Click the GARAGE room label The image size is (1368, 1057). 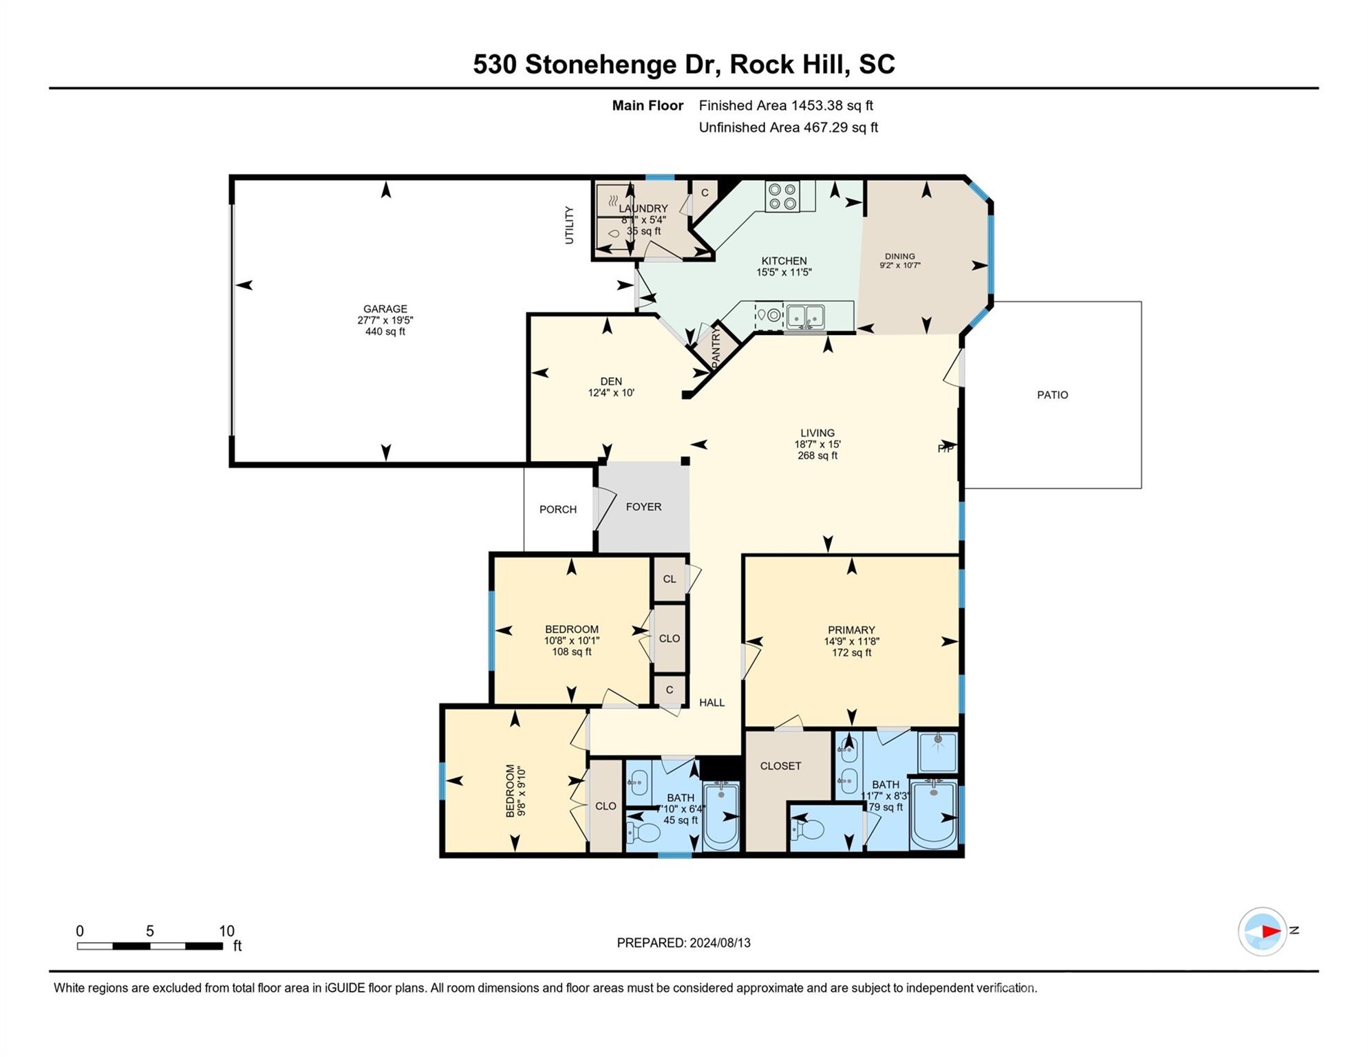click(x=385, y=309)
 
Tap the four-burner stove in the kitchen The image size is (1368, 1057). click(x=782, y=196)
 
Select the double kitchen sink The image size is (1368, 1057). click(x=805, y=316)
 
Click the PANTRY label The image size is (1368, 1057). click(x=716, y=345)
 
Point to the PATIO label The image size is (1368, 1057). click(x=1052, y=395)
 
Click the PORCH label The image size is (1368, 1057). click(x=557, y=509)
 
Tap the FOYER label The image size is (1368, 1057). click(x=643, y=506)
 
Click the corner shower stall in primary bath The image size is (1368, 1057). click(x=937, y=751)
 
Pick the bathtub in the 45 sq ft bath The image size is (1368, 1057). click(x=720, y=816)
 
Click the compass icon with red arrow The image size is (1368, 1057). click(x=1262, y=932)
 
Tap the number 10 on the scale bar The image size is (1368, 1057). click(x=226, y=931)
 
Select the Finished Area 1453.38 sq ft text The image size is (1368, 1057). click(x=785, y=105)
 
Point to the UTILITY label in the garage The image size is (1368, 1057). click(x=569, y=225)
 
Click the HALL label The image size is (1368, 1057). click(x=712, y=703)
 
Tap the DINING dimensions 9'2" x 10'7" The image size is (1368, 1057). click(x=899, y=266)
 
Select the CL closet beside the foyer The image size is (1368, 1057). click(x=669, y=579)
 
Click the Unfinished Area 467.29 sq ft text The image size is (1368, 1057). click(x=788, y=127)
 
